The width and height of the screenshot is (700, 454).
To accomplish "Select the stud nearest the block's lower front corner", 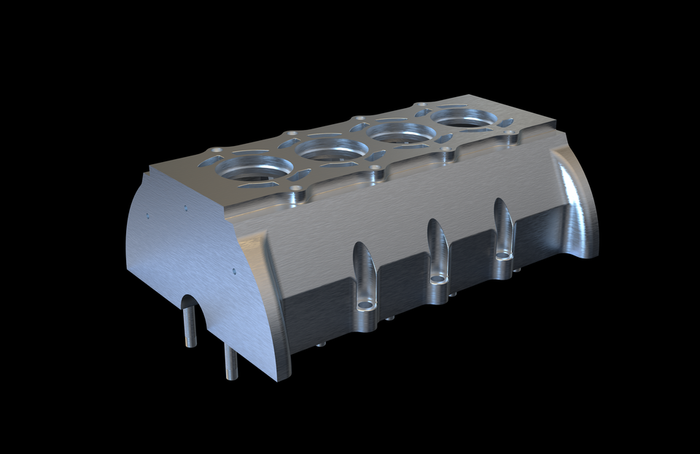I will (x=230, y=362).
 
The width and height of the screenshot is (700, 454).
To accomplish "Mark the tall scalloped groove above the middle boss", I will (x=437, y=245).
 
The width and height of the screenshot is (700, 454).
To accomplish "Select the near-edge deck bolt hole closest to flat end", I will (x=296, y=189).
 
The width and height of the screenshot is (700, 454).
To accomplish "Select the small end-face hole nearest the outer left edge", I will (x=147, y=215).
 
